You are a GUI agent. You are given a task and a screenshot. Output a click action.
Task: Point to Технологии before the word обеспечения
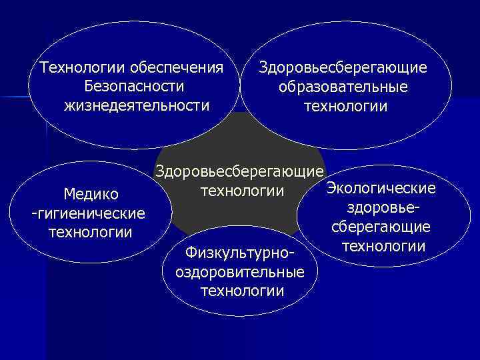tap(83, 68)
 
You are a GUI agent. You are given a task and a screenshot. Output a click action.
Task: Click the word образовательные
tap(344, 87)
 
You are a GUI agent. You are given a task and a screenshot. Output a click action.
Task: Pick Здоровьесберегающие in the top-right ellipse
tap(343, 68)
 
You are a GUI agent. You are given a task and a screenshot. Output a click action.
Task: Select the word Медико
tap(91, 194)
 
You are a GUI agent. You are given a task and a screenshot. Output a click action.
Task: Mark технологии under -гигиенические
tap(91, 232)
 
